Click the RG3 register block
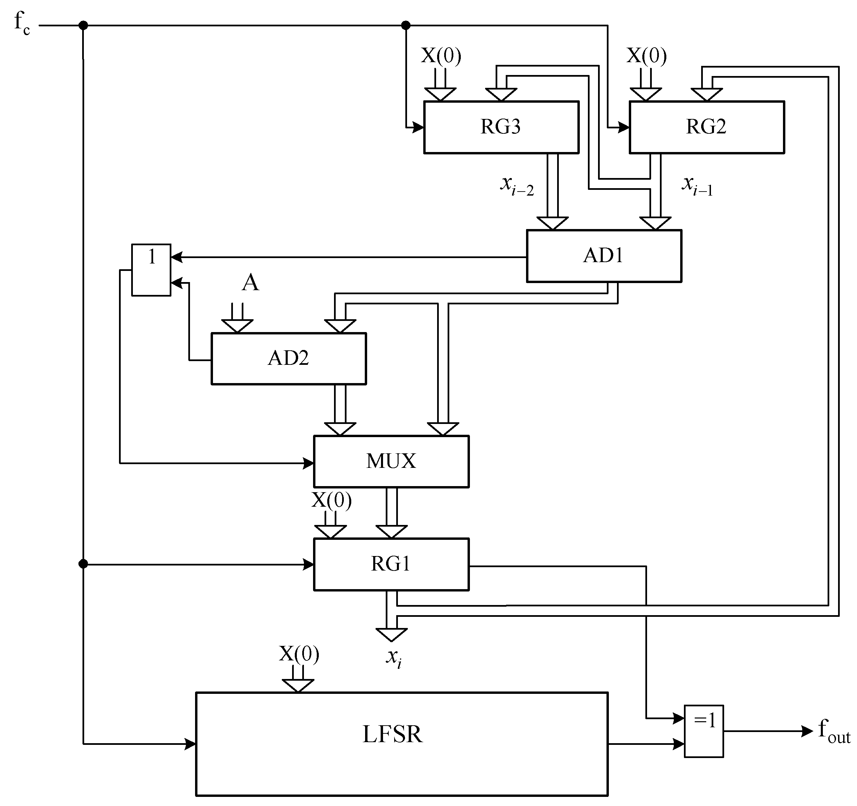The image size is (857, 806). coord(501,127)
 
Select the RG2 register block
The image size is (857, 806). coord(706,127)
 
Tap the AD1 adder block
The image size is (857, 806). coord(603,256)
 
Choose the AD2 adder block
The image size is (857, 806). coord(288,358)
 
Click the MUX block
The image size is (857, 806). coord(391,461)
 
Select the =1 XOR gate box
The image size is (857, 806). coord(704,731)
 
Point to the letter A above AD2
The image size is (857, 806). coord(251,283)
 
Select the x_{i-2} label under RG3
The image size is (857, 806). coord(517,186)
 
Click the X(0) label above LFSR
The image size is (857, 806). coord(299,654)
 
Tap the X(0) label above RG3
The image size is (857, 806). coord(441,56)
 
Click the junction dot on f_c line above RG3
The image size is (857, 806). coord(406,25)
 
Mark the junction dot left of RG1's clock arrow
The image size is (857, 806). coord(83,564)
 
